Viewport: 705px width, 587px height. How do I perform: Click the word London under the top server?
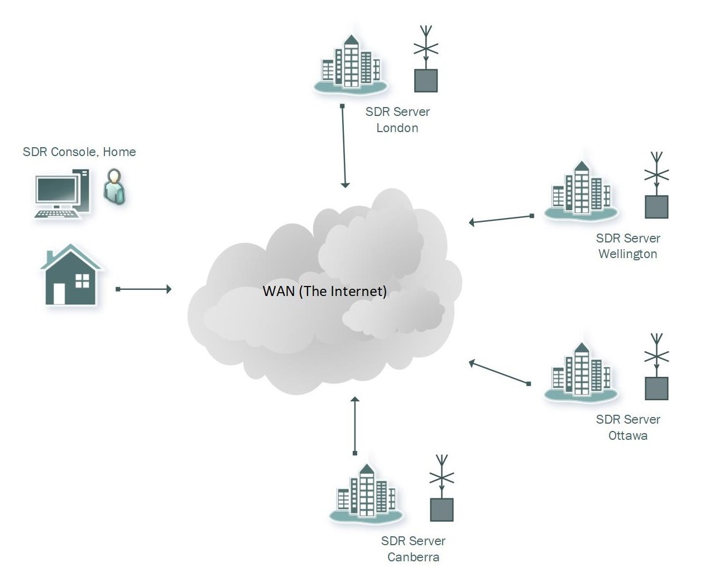397,128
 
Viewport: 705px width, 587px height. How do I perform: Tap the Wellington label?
627,254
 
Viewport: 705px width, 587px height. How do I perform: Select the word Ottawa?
627,436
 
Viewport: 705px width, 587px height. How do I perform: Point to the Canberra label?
413,557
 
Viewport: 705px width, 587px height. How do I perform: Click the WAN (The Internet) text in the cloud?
324,292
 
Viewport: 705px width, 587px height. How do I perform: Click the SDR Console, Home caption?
79,152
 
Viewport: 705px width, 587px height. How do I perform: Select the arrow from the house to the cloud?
143,289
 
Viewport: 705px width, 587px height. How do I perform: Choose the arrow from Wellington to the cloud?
501,219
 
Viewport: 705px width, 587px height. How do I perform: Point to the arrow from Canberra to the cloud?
354,425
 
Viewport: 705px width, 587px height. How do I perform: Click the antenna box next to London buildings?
426,80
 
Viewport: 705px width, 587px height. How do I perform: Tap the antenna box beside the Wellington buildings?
656,206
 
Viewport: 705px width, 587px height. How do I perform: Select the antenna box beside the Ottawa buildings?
656,388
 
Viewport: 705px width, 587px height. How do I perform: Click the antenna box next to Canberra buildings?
442,509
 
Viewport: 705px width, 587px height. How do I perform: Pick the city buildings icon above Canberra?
366,495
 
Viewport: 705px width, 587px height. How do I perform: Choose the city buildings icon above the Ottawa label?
581,373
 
